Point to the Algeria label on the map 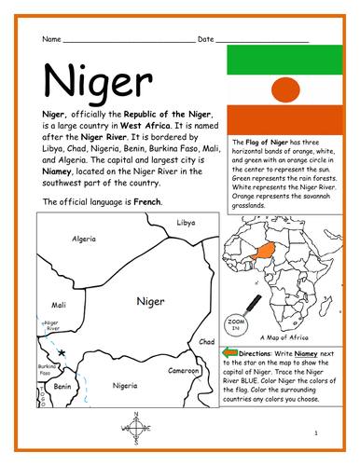(84, 239)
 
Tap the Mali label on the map (58, 304)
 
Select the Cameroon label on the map (184, 370)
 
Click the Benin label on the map (62, 384)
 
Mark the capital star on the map (62, 354)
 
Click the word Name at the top (51, 40)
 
